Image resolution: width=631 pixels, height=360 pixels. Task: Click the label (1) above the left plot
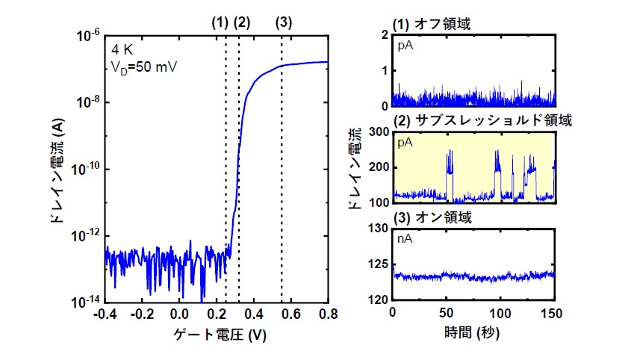tap(220, 22)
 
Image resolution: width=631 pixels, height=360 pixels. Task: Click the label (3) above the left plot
tap(283, 22)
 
